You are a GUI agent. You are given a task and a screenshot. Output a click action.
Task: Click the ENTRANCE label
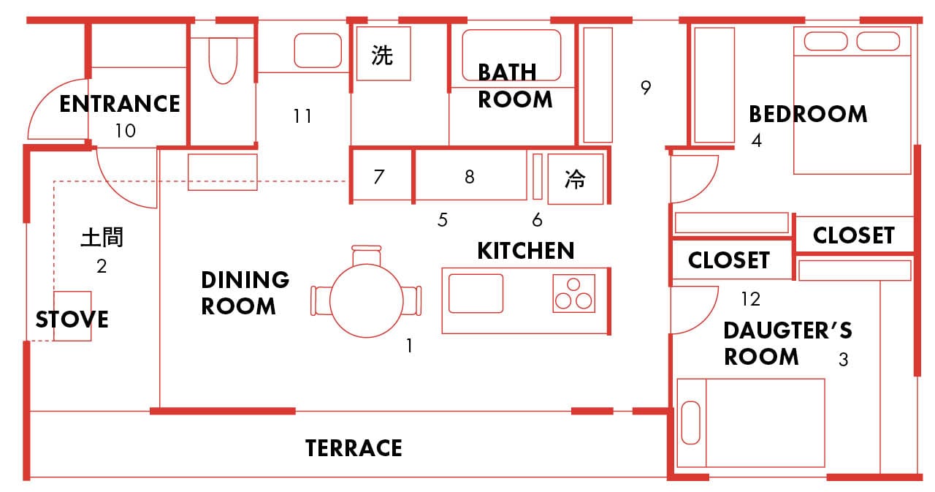pyautogui.click(x=119, y=104)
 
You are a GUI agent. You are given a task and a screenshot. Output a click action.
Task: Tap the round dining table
pyautogui.click(x=365, y=300)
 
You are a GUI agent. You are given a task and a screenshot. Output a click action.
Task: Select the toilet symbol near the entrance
pyautogui.click(x=222, y=60)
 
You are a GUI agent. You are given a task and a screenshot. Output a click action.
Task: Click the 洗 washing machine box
pyautogui.click(x=383, y=54)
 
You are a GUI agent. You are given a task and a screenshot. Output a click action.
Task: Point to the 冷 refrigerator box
pyautogui.click(x=576, y=179)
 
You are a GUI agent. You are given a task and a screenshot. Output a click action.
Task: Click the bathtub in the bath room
pyautogui.click(x=511, y=54)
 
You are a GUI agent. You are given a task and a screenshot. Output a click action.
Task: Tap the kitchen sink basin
pyautogui.click(x=476, y=293)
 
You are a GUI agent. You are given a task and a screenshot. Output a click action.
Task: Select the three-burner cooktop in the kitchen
pyautogui.click(x=573, y=293)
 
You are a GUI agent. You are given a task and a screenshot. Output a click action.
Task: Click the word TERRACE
pyautogui.click(x=354, y=447)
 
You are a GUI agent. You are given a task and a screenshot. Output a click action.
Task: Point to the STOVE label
pyautogui.click(x=72, y=319)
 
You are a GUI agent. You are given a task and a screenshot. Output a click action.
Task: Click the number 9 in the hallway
pyautogui.click(x=645, y=88)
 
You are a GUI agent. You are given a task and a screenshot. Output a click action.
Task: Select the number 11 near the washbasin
pyautogui.click(x=302, y=116)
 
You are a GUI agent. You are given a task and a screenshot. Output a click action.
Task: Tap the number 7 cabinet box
pyautogui.click(x=378, y=176)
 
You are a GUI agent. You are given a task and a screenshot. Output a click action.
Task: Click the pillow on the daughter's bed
pyautogui.click(x=690, y=423)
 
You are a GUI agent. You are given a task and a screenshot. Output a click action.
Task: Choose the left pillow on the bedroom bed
pyautogui.click(x=825, y=41)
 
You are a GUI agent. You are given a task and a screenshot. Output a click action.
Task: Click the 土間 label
pyautogui.click(x=102, y=238)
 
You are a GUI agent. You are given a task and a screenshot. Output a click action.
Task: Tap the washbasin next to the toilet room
pyautogui.click(x=318, y=50)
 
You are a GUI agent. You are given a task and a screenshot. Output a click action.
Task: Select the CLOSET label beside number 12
pyautogui.click(x=728, y=260)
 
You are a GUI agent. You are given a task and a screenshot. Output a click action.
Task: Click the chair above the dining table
pyautogui.click(x=366, y=257)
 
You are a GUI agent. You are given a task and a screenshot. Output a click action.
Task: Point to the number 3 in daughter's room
pyautogui.click(x=843, y=360)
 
